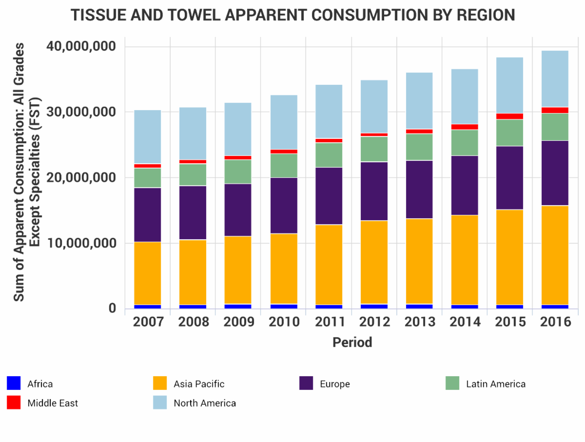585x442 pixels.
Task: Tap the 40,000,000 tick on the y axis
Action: [81, 47]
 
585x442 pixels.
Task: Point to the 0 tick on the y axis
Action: [112, 308]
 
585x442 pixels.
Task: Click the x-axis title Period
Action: [352, 342]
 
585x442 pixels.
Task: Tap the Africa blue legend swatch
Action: [14, 384]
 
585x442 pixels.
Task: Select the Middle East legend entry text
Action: [53, 403]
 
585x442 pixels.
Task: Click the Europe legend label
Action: [335, 384]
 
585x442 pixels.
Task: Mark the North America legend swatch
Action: [160, 403]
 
